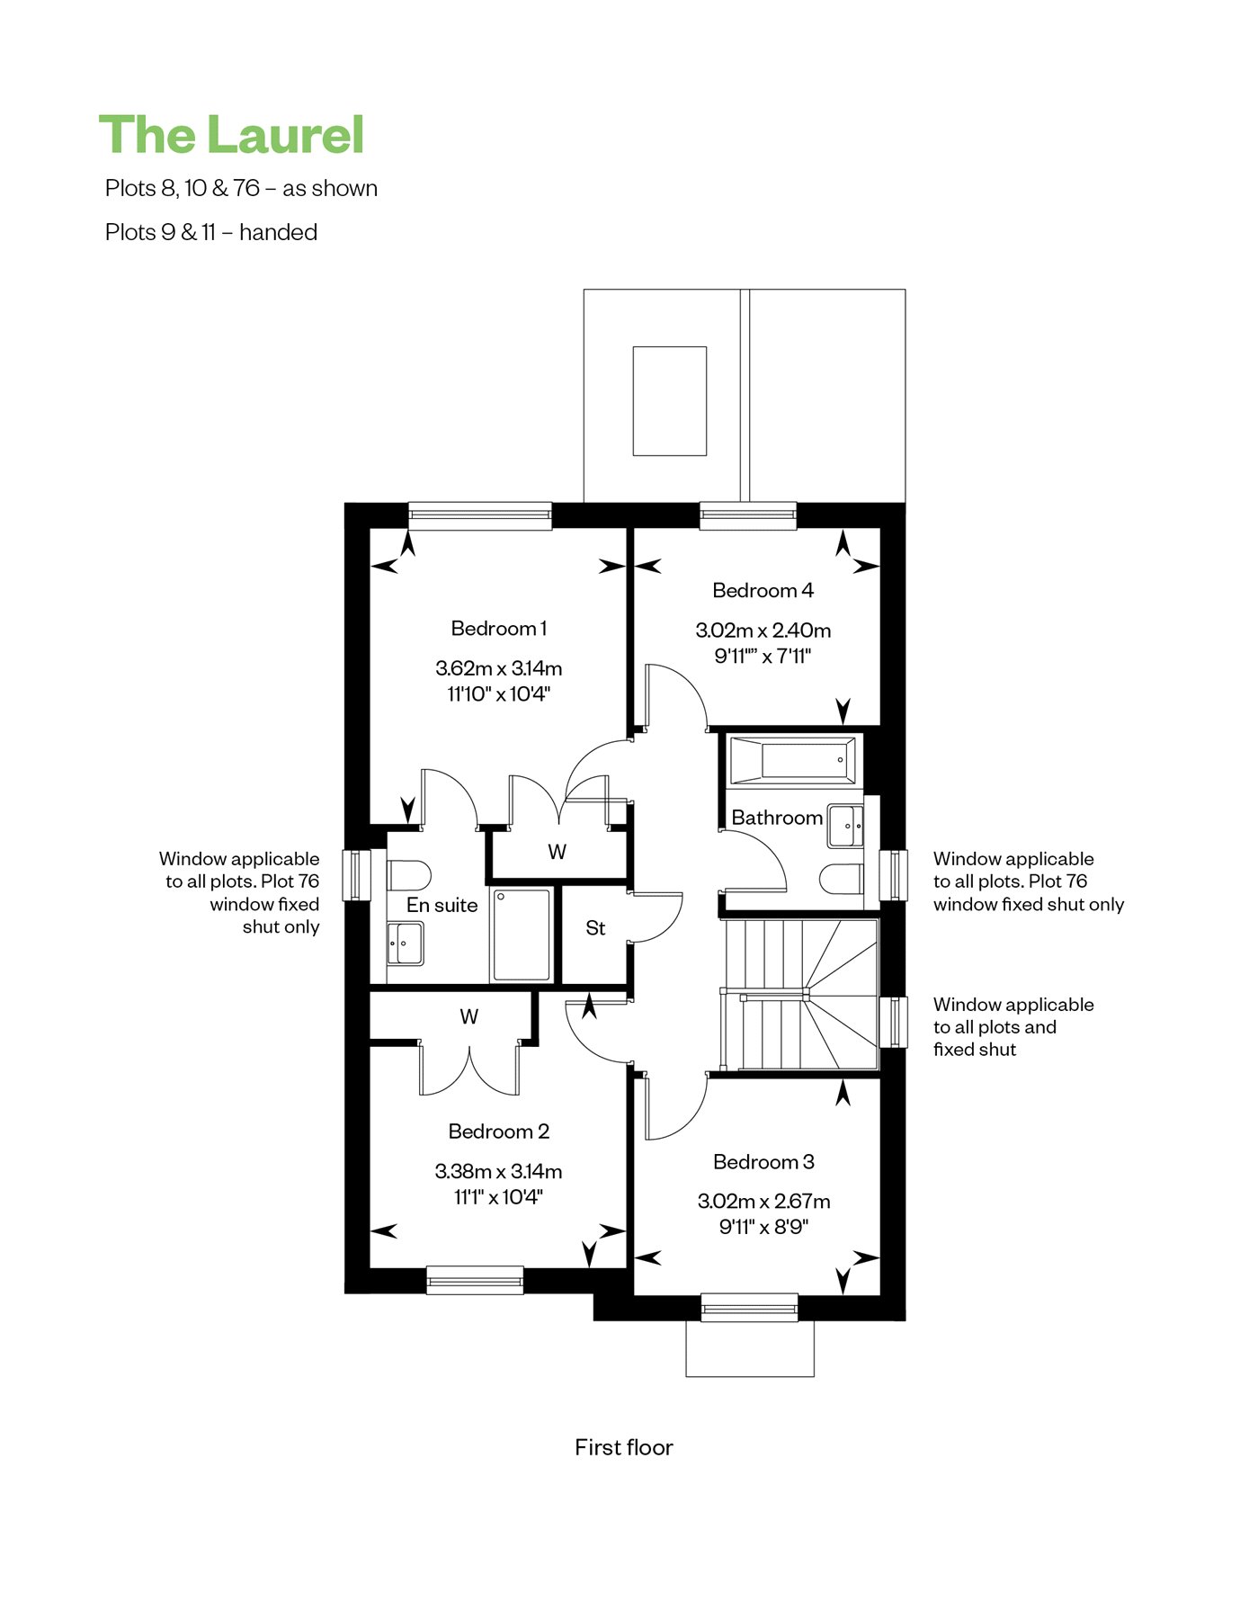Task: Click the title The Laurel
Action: [231, 135]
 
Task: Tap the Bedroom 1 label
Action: [499, 629]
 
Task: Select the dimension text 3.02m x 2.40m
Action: [763, 631]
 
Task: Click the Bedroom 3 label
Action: [763, 1162]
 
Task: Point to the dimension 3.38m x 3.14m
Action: [499, 1171]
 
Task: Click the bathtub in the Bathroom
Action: [793, 761]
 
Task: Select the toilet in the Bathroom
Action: [842, 879]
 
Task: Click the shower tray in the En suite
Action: [522, 935]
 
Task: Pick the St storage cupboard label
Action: [595, 928]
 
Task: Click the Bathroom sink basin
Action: [845, 826]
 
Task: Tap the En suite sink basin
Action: [405, 944]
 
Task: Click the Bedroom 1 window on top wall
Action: [480, 515]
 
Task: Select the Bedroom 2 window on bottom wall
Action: [475, 1280]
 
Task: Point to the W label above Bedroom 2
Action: [469, 1017]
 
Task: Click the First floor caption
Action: [624, 1447]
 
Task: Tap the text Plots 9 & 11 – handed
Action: [211, 232]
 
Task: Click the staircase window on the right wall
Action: [893, 1022]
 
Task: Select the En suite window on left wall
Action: [357, 875]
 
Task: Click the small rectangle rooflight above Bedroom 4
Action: [670, 401]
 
